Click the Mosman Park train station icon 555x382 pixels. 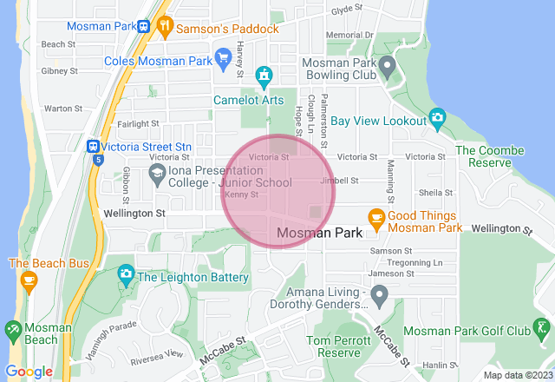(x=141, y=26)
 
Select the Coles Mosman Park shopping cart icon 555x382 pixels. (x=224, y=60)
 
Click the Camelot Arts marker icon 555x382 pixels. (x=264, y=78)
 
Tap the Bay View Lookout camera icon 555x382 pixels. (x=438, y=117)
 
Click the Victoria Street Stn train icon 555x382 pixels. (x=92, y=148)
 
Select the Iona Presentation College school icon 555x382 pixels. (x=157, y=174)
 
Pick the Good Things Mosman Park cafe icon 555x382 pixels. (x=376, y=218)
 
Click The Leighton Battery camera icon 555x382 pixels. (x=126, y=275)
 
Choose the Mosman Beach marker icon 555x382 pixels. (x=13, y=331)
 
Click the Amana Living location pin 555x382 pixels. (x=378, y=297)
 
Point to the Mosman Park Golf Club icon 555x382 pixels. (x=542, y=329)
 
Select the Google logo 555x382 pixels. (x=29, y=372)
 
